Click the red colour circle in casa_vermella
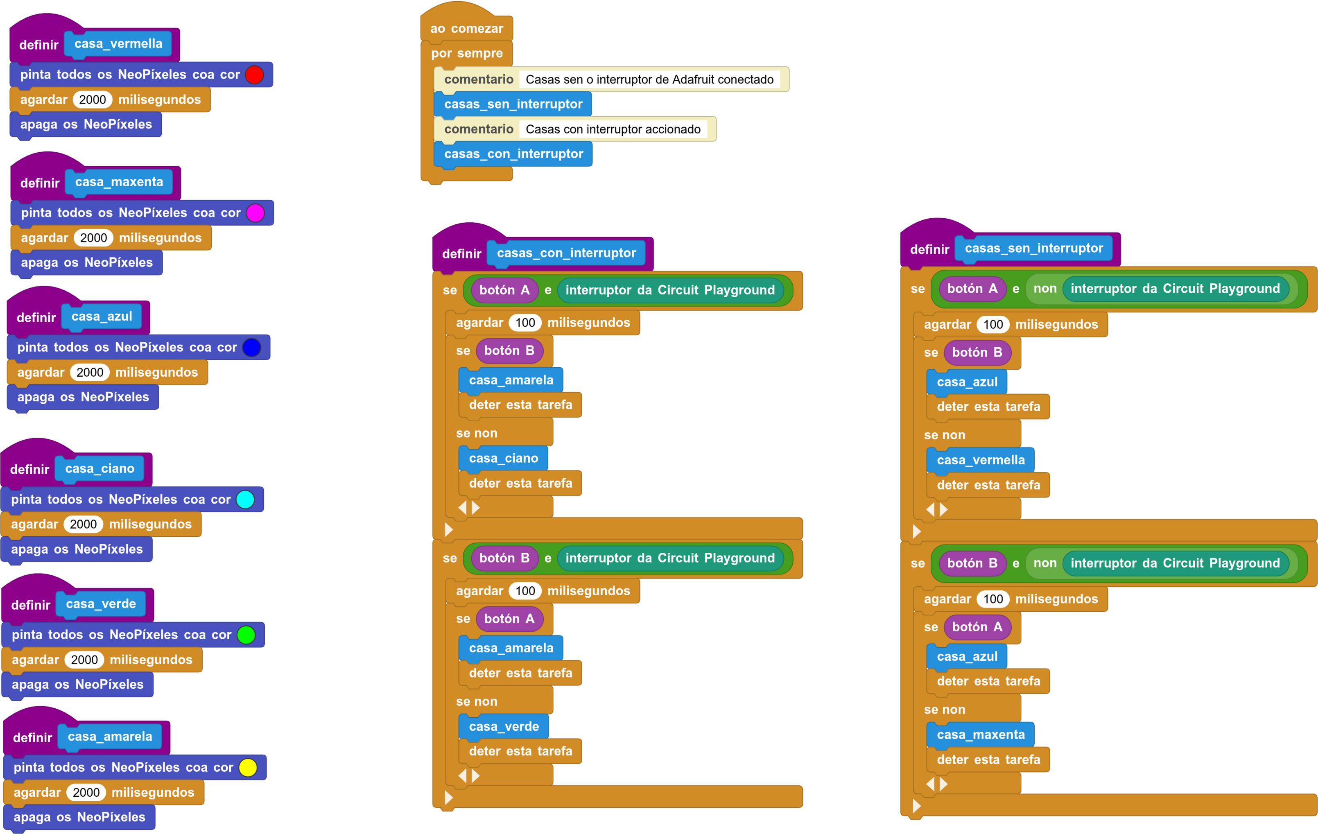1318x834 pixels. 255,75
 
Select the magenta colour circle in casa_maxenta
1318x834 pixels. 255,213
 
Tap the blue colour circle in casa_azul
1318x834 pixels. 252,348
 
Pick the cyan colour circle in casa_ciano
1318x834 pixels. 245,499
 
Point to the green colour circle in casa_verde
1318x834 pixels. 246,635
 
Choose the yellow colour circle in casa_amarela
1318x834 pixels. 248,767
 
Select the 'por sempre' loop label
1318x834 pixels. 467,53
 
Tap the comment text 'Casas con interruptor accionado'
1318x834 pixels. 613,129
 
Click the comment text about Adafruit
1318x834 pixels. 650,79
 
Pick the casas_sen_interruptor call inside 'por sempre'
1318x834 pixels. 513,104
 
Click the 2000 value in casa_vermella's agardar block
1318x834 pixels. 93,99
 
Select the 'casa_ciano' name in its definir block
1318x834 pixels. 99,468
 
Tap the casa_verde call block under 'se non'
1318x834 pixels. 504,726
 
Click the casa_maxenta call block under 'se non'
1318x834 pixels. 980,735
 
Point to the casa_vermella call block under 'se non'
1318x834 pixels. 980,460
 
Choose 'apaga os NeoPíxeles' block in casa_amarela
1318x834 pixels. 79,817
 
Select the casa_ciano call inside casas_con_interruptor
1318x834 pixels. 503,458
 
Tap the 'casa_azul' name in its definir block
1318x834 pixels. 102,316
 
